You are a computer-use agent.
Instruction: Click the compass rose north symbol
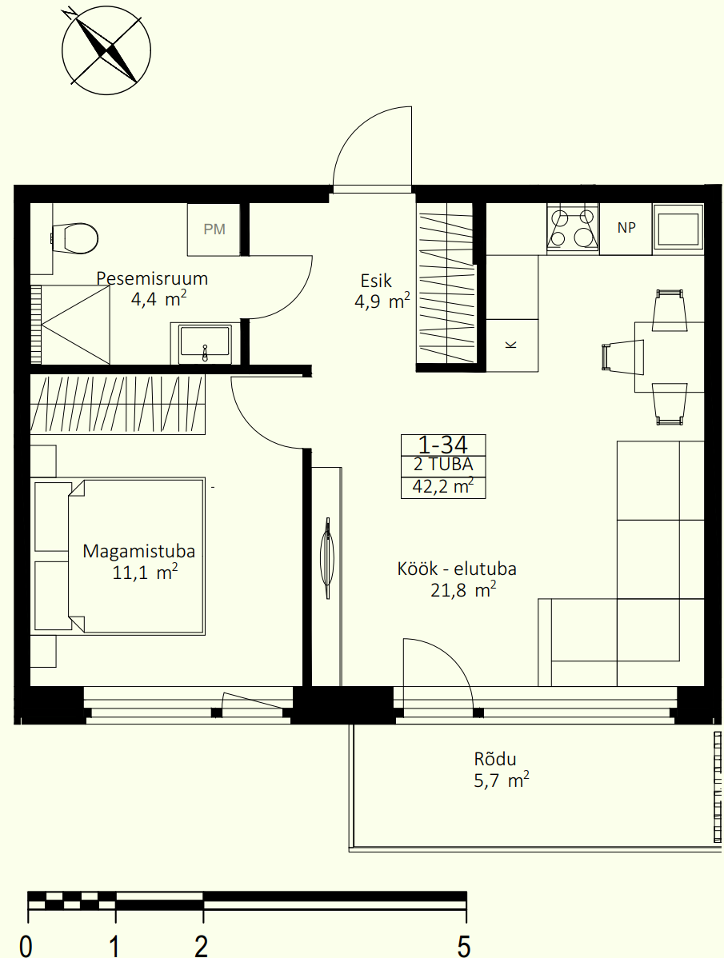click(x=106, y=50)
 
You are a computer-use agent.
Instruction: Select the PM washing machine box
click(x=214, y=230)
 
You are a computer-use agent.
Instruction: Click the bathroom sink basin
click(x=205, y=343)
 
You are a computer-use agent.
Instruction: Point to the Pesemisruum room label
click(x=152, y=278)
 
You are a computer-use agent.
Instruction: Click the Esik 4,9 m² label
click(x=382, y=291)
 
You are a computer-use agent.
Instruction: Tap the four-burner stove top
click(x=573, y=229)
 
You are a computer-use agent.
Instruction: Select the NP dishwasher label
click(x=626, y=227)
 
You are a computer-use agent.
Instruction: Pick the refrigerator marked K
click(x=512, y=345)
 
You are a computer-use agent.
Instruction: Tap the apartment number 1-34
click(x=443, y=444)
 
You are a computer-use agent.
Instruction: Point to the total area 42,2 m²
click(x=443, y=488)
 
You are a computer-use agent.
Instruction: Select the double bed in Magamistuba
click(x=136, y=556)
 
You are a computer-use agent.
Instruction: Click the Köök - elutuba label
click(x=457, y=569)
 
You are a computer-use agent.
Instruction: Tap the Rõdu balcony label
click(x=495, y=760)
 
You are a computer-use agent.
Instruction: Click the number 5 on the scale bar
click(x=464, y=946)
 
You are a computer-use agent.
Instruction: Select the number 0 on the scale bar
click(x=26, y=946)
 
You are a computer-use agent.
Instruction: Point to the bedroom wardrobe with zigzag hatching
click(x=118, y=405)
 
